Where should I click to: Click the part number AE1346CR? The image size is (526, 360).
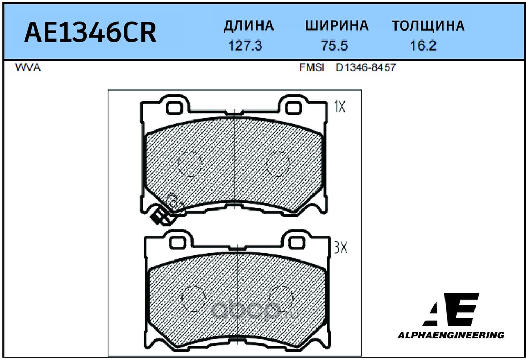tap(90, 32)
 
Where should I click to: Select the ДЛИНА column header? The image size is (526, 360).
tap(249, 26)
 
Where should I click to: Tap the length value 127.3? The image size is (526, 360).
tap(246, 46)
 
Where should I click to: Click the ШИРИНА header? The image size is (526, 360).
tap(337, 26)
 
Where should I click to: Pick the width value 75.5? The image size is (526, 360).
tap(335, 46)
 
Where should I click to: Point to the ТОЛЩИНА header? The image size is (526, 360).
tap(428, 26)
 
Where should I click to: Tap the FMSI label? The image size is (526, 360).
tap(311, 68)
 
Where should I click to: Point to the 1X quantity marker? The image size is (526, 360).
tap(339, 107)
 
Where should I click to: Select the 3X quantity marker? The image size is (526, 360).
tap(340, 247)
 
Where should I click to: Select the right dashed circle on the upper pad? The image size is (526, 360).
tap(277, 164)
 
